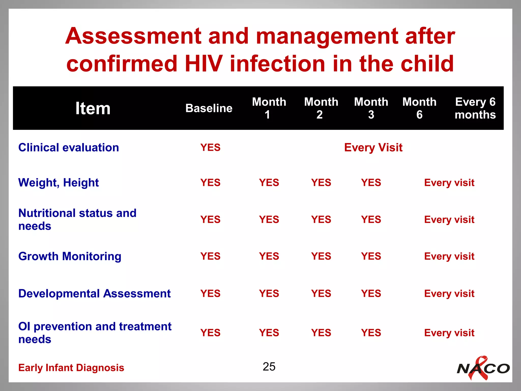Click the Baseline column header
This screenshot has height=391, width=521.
coord(209,108)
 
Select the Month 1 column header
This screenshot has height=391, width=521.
coord(269,108)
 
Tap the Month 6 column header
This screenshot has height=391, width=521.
coord(419,108)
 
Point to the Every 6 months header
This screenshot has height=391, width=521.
coord(475,108)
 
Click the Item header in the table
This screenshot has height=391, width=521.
coord(93,108)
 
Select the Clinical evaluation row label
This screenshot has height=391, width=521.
coord(69,148)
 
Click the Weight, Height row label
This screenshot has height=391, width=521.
coord(59,183)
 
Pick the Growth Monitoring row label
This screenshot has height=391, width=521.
coord(70,256)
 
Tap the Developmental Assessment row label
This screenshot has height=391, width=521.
coord(94,294)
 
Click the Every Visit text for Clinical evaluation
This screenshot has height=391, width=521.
coord(373,148)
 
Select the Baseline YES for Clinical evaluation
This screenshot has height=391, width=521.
coord(210,148)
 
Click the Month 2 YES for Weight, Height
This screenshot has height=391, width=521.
coord(321,183)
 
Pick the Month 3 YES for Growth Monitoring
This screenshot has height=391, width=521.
coord(371,256)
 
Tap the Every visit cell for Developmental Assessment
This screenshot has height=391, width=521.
coord(449,294)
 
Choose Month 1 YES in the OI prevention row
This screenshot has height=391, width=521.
coord(269,333)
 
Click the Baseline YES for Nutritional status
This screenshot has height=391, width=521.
coord(210,219)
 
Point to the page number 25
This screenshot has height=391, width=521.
coord(269,367)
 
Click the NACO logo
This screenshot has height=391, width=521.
coord(483,368)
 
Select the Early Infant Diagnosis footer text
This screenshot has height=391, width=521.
coord(71,368)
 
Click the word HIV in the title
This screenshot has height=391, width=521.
coord(204,64)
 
